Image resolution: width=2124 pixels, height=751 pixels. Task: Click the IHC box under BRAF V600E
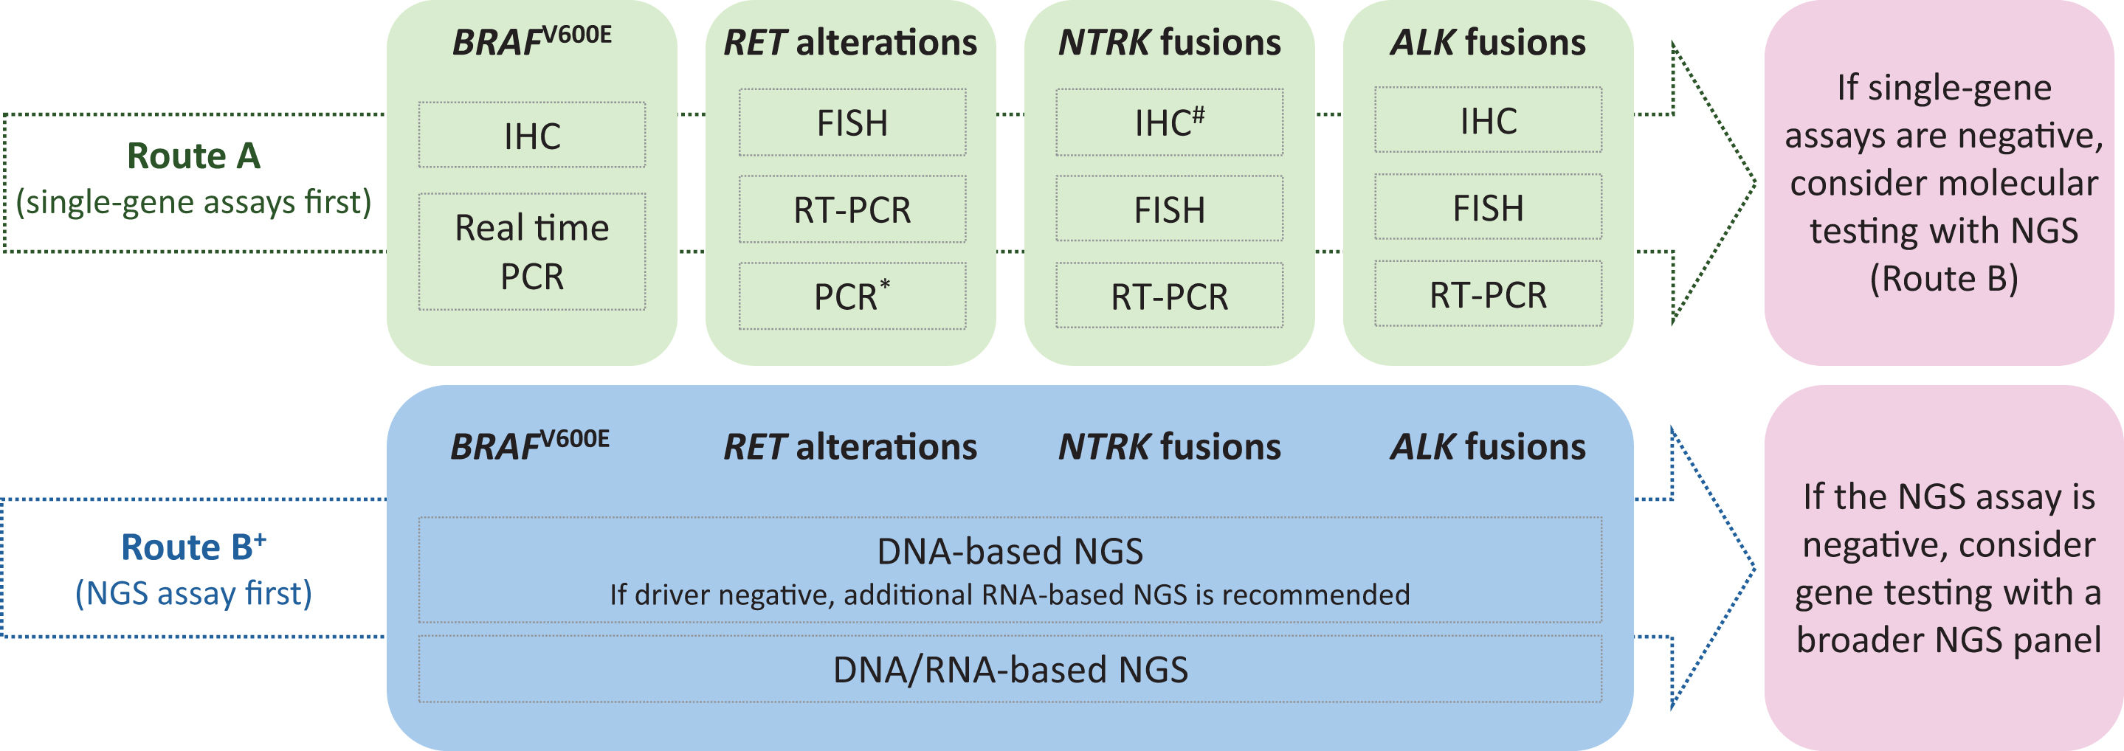click(x=532, y=135)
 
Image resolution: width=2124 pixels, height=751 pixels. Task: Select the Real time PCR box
click(x=532, y=252)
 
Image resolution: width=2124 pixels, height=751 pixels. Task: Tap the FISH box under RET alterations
click(x=852, y=123)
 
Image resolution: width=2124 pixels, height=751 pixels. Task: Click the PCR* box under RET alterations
click(x=852, y=296)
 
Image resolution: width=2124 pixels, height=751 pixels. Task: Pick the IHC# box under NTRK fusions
click(x=1169, y=123)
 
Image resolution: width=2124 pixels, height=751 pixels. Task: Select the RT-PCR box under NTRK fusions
click(x=1169, y=296)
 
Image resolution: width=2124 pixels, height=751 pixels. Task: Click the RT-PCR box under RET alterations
click(x=852, y=210)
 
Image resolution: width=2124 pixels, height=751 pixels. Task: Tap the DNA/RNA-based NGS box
click(x=1010, y=669)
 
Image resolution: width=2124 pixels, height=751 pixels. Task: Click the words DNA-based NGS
click(x=1010, y=550)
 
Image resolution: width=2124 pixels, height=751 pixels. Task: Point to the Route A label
click(x=194, y=156)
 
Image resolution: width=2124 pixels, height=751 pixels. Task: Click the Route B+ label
click(x=194, y=547)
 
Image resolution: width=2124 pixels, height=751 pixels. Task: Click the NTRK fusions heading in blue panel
click(x=1169, y=447)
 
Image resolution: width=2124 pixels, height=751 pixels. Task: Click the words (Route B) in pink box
click(x=1943, y=279)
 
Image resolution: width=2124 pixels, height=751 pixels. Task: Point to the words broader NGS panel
click(x=1948, y=640)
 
